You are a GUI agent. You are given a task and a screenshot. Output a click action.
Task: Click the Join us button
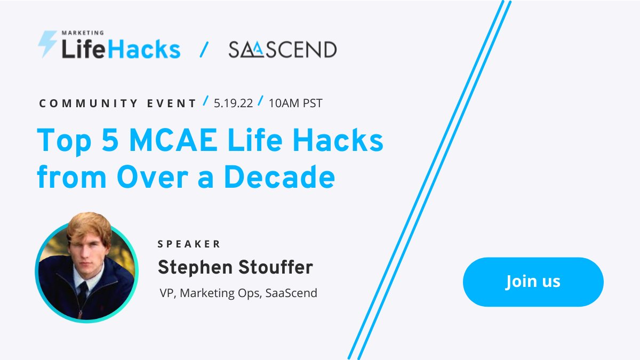pos(533,282)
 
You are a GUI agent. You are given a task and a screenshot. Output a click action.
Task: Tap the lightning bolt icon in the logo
pos(47,44)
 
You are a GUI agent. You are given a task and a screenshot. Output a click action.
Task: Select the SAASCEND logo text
pos(283,50)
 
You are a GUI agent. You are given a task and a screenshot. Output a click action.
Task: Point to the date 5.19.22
pos(233,103)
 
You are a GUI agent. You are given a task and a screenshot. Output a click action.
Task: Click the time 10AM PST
pos(295,103)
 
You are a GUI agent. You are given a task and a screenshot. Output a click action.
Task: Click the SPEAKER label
pos(189,244)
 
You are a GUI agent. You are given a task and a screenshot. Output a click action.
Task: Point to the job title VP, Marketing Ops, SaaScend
pos(238,293)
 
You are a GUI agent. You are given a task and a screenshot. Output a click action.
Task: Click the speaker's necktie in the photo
pos(83,291)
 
